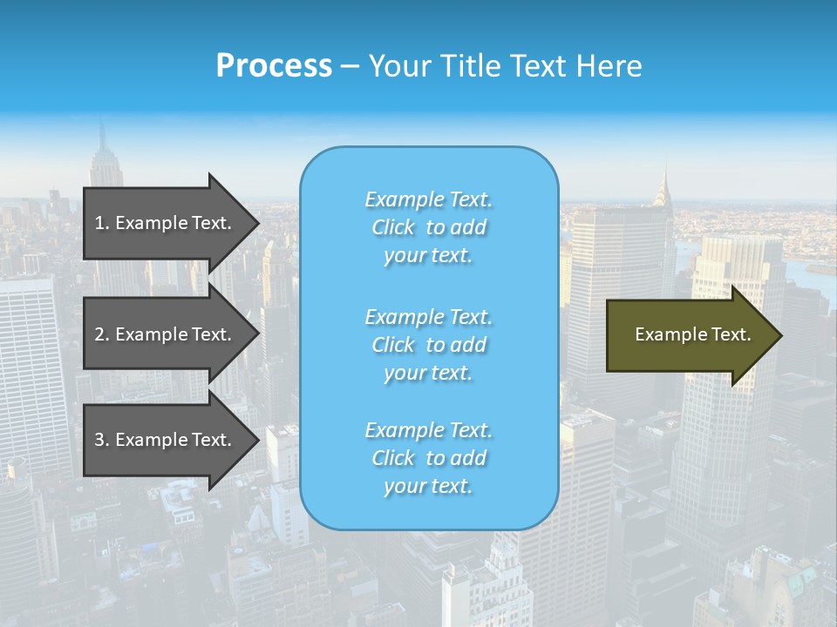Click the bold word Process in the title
point(274,66)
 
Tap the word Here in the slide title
point(608,66)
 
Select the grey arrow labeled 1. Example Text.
point(166,223)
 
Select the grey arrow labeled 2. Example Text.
point(166,334)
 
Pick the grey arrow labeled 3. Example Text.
point(166,440)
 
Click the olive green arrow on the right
point(689,334)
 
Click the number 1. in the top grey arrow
point(101,223)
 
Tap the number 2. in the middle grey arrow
point(101,334)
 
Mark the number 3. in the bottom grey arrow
point(101,440)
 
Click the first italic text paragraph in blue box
point(429,227)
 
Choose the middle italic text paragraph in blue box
point(429,345)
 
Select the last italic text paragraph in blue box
point(429,458)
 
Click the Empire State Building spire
point(102,131)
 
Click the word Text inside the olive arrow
point(732,334)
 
